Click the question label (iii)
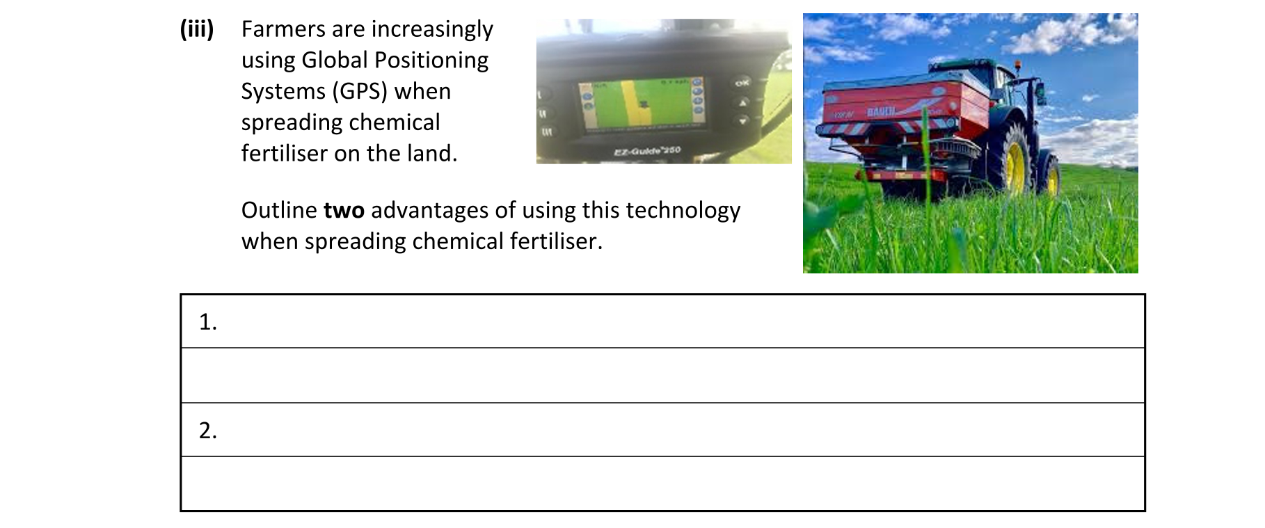tap(197, 29)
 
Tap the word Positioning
tap(431, 61)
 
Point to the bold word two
tap(344, 210)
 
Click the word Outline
tap(279, 210)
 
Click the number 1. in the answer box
tap(207, 321)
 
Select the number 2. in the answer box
tap(207, 431)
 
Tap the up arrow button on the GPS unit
tap(742, 102)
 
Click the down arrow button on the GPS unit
tap(742, 120)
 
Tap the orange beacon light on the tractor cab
tap(1018, 65)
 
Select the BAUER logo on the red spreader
tap(881, 111)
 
